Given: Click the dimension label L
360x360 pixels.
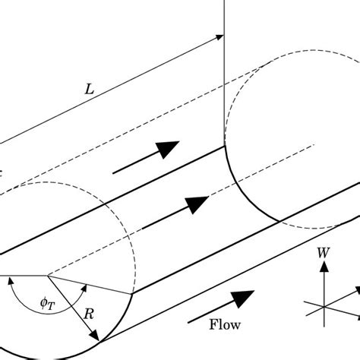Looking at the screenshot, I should point(89,90).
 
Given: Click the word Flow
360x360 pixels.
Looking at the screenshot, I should point(226,324).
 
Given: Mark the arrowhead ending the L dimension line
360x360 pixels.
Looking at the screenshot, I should point(220,35).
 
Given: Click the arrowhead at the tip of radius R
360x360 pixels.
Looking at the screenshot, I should point(96,336).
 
